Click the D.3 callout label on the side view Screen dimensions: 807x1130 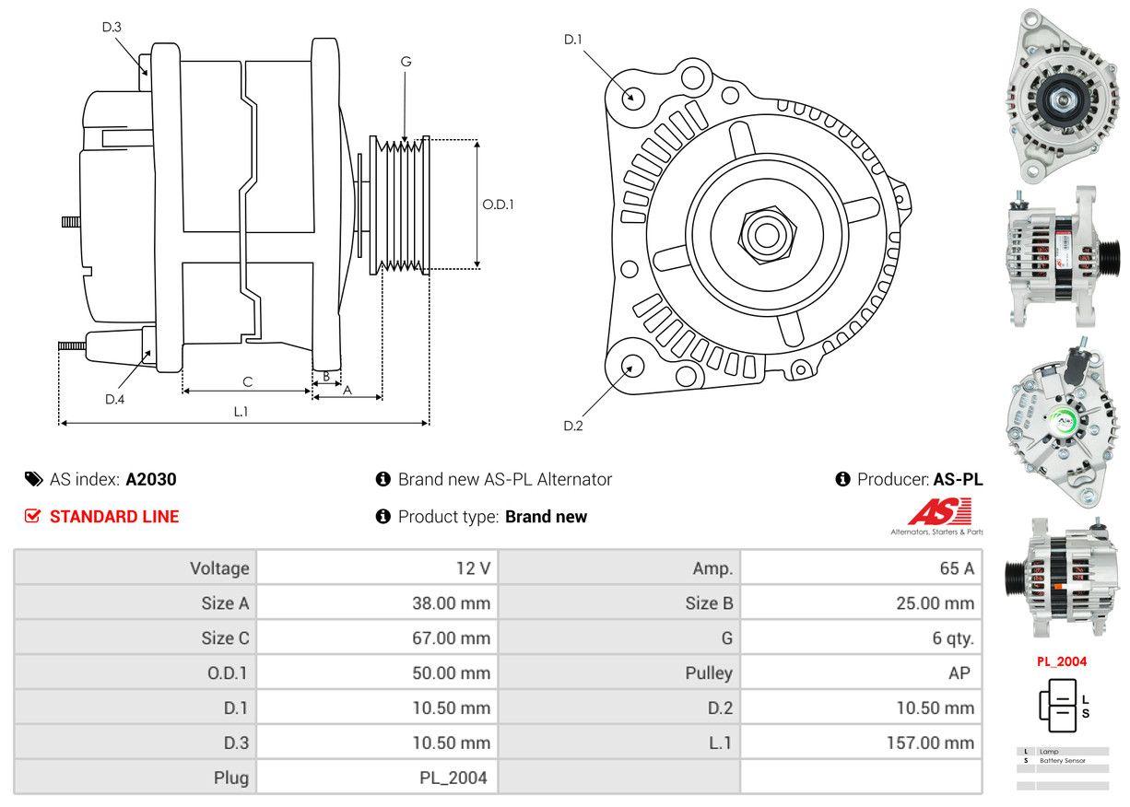[x=112, y=27]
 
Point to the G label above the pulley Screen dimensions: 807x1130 [x=406, y=62]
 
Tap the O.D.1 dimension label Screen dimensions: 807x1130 [x=498, y=205]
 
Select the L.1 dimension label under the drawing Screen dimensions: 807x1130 [x=241, y=412]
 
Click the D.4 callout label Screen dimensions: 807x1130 [x=114, y=399]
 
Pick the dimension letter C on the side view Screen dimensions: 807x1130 [x=247, y=381]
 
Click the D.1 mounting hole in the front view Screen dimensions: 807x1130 [x=632, y=97]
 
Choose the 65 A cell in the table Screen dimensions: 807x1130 [x=956, y=568]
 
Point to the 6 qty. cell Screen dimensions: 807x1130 [x=952, y=638]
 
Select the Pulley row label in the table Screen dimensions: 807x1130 [x=709, y=673]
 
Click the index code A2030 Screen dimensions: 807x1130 [x=151, y=479]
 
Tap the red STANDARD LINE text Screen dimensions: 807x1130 [x=114, y=517]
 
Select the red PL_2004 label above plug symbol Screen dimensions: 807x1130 [x=1061, y=661]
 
